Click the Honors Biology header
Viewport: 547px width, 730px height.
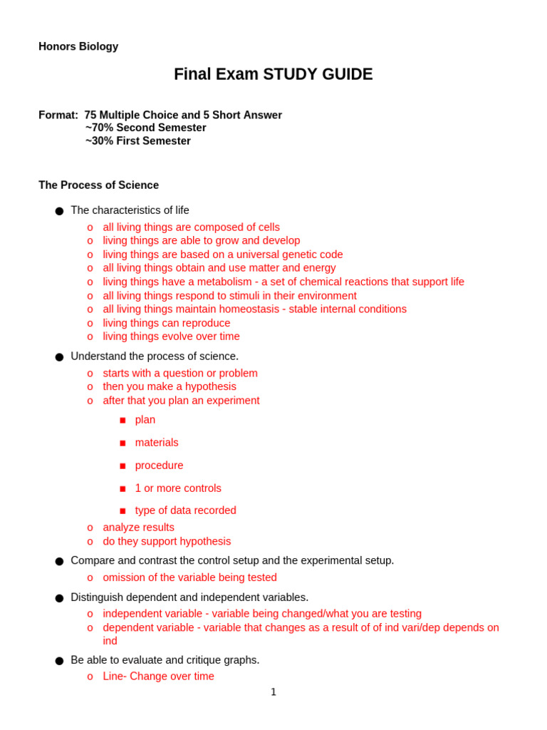tap(78, 46)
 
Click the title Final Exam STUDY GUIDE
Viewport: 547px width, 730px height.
tap(273, 74)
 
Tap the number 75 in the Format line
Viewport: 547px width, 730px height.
tap(91, 115)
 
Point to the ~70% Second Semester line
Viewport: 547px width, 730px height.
tap(145, 128)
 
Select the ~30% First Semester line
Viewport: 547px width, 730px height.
tap(137, 140)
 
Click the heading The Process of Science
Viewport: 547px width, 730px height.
tap(98, 185)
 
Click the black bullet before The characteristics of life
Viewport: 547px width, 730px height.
tap(59, 211)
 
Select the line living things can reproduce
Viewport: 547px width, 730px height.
tap(166, 323)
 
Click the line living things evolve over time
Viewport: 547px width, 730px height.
tap(171, 336)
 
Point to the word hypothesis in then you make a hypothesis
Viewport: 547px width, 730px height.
tap(211, 386)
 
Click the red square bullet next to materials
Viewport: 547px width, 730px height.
tap(123, 443)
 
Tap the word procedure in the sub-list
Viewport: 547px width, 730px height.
tap(159, 466)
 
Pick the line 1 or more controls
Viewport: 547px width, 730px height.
tap(178, 488)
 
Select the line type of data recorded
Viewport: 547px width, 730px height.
tap(185, 510)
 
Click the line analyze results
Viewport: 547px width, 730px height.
tap(138, 528)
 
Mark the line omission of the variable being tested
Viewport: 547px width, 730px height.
tap(189, 577)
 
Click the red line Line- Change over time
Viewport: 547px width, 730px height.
tap(158, 677)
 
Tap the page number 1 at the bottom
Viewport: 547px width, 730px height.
tap(273, 692)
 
